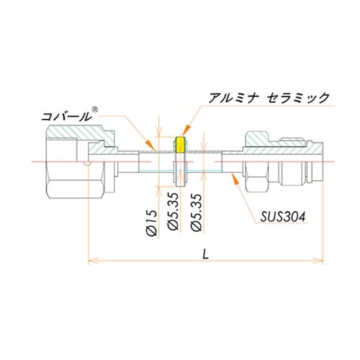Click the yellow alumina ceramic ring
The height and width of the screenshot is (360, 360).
click(x=181, y=146)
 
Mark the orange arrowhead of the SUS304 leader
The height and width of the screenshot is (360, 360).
click(x=235, y=181)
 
